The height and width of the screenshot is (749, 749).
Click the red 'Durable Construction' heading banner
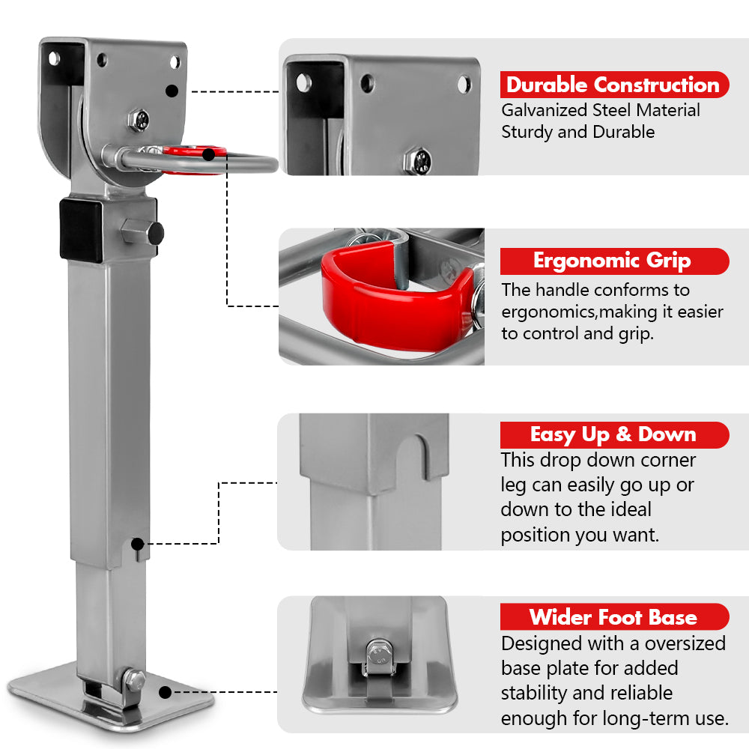click(x=613, y=85)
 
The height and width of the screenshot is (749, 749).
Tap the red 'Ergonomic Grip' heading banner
click(x=613, y=261)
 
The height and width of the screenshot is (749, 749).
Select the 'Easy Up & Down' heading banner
click(x=613, y=434)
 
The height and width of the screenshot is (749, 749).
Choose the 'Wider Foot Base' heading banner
click(x=613, y=617)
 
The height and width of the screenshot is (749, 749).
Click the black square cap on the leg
click(x=81, y=229)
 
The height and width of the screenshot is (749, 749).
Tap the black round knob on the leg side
click(x=155, y=233)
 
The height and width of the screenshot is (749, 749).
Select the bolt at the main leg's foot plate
click(x=136, y=680)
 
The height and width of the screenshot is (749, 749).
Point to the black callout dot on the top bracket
click(x=172, y=91)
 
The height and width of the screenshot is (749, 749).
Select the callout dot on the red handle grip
click(x=209, y=154)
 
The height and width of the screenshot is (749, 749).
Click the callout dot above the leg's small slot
click(x=136, y=542)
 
